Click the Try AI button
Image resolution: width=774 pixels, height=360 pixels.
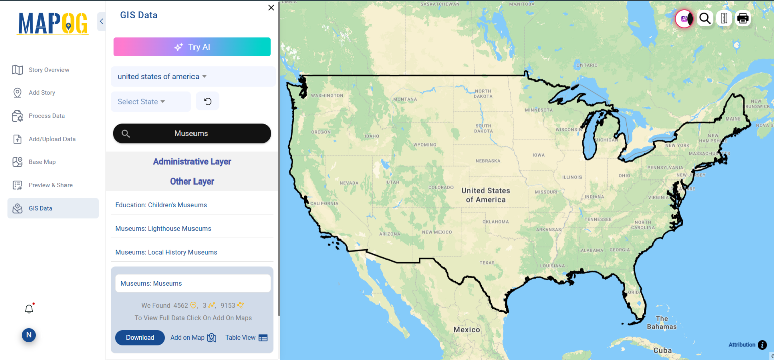[192, 47]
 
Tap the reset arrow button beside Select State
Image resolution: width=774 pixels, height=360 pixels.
[207, 101]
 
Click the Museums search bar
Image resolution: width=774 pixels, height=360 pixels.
[192, 134]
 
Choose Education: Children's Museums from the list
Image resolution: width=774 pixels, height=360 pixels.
[161, 205]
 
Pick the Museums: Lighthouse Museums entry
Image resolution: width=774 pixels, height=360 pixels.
[163, 229]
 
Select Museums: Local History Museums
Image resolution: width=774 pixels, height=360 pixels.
[166, 252]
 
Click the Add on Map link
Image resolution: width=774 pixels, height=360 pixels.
[193, 338]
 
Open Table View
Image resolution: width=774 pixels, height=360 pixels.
[246, 338]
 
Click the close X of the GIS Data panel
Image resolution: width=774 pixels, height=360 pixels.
[271, 8]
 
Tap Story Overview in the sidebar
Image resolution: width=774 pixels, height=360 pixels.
[49, 70]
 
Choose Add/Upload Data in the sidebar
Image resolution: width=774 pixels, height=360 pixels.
[52, 139]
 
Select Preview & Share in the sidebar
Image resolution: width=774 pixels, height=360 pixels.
[50, 185]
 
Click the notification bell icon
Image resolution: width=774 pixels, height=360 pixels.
[29, 309]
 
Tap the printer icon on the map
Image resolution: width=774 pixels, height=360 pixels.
[743, 19]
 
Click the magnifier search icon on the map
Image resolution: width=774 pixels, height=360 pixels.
[705, 19]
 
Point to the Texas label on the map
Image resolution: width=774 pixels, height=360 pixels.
[487, 263]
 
